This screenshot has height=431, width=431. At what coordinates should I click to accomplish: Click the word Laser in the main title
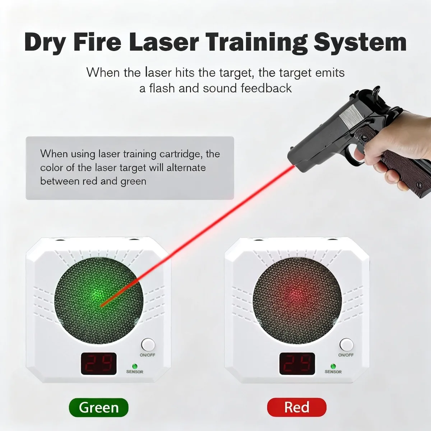164,42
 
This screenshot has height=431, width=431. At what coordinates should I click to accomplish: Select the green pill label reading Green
98,407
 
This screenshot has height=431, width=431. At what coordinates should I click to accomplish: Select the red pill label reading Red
297,407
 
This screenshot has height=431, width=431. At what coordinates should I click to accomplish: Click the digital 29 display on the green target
99,363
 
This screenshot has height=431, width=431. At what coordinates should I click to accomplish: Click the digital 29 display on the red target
297,363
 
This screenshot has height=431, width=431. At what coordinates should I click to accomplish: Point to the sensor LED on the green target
135,366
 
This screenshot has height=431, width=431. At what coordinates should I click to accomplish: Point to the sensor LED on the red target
333,366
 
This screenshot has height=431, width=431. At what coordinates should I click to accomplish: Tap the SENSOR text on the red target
333,372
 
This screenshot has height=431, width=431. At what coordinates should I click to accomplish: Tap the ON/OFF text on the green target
147,355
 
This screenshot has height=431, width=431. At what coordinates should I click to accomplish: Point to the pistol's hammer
375,93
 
